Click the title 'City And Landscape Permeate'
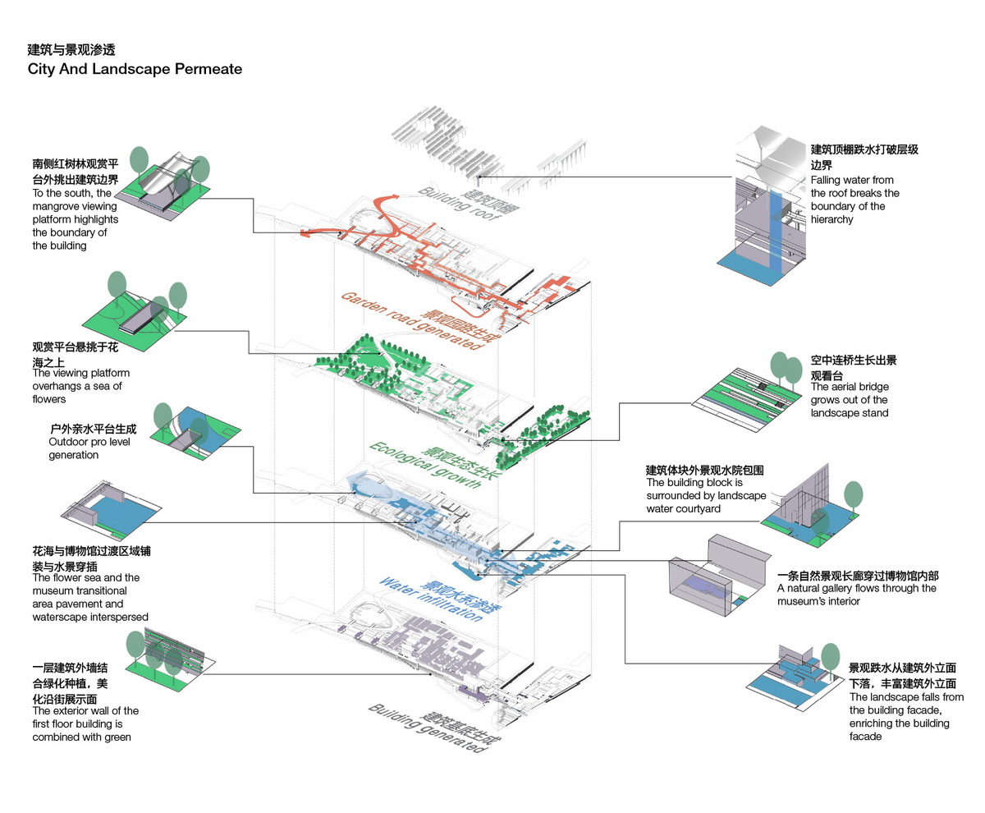[x=135, y=69]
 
